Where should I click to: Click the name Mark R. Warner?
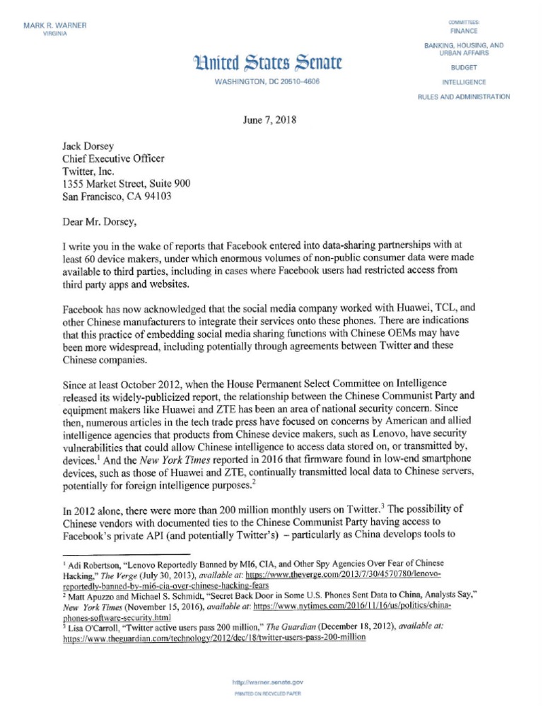click(x=54, y=26)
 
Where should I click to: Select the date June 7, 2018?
click(x=269, y=119)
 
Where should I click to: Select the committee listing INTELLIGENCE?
click(x=463, y=82)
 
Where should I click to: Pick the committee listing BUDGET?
click(x=463, y=69)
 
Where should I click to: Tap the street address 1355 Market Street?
click(x=127, y=184)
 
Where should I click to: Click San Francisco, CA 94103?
click(x=117, y=197)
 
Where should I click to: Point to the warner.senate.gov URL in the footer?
click(x=268, y=683)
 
